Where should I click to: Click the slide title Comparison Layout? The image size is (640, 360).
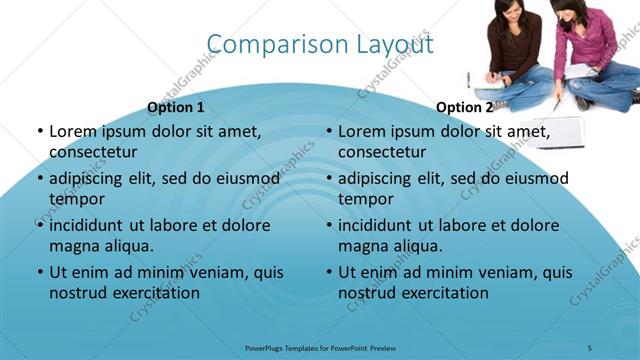320,45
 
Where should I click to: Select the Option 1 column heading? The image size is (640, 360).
175,107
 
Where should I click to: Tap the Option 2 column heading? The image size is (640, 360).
464,107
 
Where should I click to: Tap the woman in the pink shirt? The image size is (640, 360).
597,50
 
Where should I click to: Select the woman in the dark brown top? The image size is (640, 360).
515,50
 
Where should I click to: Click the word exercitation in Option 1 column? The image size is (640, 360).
155,293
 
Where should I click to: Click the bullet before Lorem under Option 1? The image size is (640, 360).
39,131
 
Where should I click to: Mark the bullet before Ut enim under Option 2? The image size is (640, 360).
328,272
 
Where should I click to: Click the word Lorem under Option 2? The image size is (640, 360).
363,131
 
